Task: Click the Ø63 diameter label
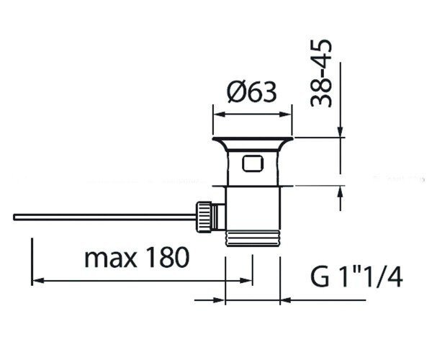point(251,91)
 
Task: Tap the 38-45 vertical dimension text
point(320,73)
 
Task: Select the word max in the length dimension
point(111,258)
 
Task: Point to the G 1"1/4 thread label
point(356,276)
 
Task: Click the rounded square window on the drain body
point(253,163)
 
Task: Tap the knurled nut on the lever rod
point(204,217)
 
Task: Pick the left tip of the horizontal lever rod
point(14,217)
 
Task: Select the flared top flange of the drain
point(253,143)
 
